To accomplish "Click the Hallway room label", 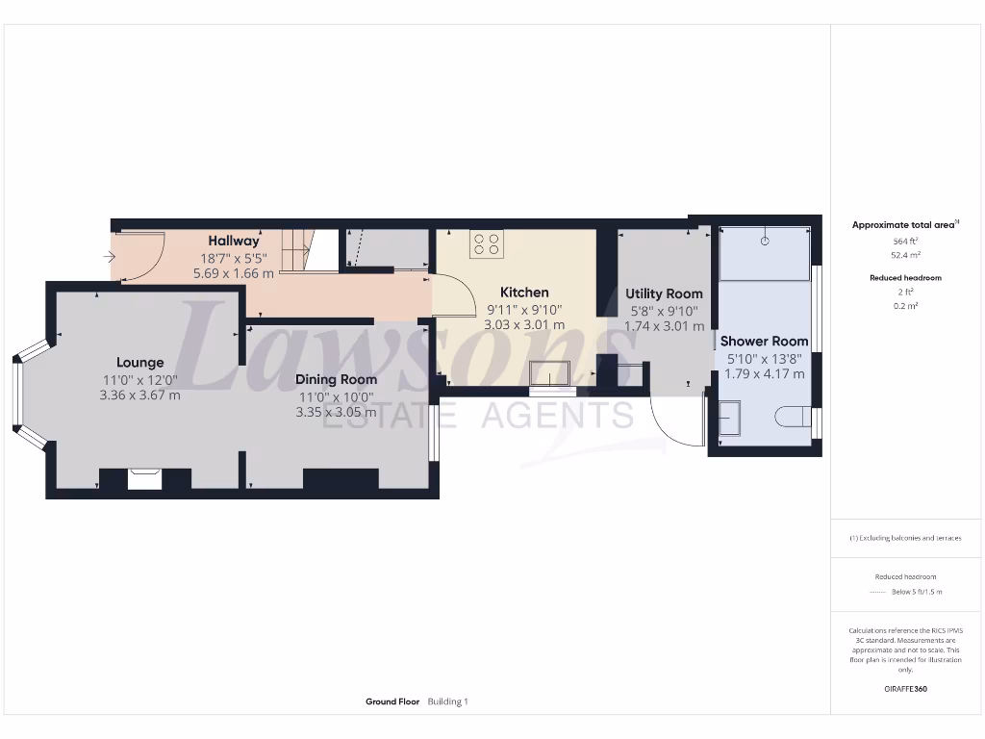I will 234,241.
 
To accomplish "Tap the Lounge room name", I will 140,363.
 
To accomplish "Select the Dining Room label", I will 336,379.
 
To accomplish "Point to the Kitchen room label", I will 524,293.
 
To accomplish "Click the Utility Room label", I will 664,293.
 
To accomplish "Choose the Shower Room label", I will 764,341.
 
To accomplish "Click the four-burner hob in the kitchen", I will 486,244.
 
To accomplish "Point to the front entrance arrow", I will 109,257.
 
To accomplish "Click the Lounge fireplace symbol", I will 145,477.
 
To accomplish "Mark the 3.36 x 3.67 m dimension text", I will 140,395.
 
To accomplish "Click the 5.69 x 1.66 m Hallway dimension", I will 234,273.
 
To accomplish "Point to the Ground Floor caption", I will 392,702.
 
